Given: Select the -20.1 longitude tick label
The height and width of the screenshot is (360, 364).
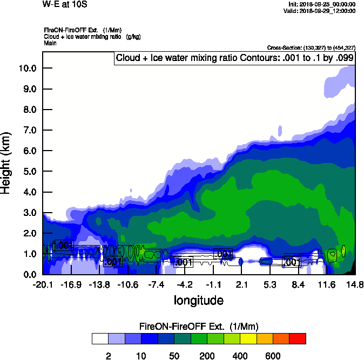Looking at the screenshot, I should click(x=42, y=284).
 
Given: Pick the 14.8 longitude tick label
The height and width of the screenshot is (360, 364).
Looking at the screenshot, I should click(x=354, y=284).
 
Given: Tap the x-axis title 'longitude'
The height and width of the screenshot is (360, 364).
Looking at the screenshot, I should click(x=198, y=300).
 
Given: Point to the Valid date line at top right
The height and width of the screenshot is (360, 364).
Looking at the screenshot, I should click(x=321, y=11).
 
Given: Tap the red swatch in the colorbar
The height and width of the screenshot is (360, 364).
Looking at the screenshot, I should click(x=297, y=339).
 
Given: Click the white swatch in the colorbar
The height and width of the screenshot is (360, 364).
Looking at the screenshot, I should click(x=100, y=339).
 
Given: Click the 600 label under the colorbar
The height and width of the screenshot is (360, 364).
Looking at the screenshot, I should click(x=272, y=356).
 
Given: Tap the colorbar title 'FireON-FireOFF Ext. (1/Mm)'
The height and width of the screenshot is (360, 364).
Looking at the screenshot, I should click(x=199, y=327).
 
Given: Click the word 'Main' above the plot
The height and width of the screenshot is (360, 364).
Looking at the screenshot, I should click(x=50, y=43).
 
